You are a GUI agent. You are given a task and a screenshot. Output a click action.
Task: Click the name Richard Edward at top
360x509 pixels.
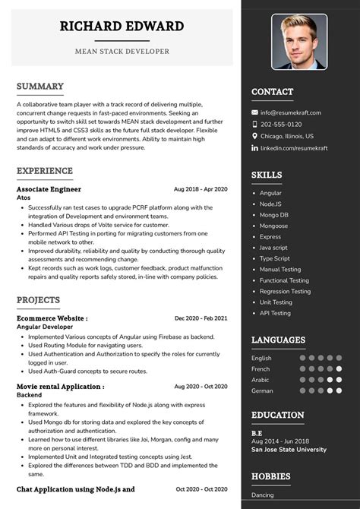click(122, 27)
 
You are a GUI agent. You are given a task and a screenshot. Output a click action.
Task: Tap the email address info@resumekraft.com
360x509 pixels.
click(291, 112)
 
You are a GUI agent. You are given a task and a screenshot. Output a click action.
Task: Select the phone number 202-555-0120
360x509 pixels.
click(281, 124)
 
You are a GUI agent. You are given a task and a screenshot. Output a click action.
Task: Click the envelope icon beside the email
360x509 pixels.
click(254, 112)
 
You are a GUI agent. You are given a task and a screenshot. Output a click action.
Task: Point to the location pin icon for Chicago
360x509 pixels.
click(254, 136)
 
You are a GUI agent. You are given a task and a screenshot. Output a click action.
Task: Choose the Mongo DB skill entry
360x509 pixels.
click(274, 215)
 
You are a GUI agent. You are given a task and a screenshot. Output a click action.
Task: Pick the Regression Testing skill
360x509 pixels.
click(285, 291)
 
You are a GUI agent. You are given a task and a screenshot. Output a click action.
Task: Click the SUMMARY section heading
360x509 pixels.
click(40, 87)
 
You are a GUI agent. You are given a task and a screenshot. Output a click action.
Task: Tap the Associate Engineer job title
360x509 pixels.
click(49, 189)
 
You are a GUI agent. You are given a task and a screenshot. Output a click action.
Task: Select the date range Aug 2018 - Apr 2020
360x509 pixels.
click(201, 189)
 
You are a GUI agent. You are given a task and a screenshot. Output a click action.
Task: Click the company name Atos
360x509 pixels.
click(24, 198)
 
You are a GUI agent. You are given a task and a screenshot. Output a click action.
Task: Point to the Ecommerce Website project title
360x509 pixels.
click(52, 318)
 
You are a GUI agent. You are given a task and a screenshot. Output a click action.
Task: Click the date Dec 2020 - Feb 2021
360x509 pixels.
click(201, 318)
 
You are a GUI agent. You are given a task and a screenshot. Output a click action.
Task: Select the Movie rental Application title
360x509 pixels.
click(60, 387)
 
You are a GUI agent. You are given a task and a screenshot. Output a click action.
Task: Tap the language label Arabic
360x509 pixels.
click(261, 380)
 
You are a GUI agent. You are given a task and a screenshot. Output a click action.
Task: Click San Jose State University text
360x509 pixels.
click(288, 449)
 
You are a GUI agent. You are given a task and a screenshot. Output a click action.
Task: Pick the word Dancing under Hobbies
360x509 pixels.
click(264, 495)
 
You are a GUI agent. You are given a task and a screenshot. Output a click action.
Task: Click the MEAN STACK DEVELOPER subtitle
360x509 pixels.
click(122, 52)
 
